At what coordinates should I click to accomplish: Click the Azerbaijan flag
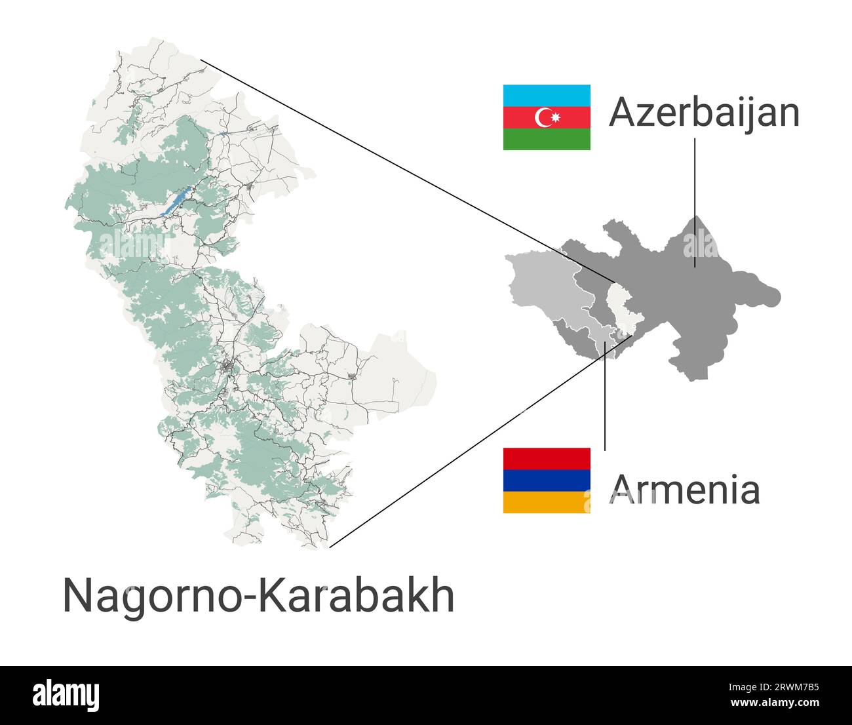[x=547, y=117]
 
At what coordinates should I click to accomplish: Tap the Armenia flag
[x=547, y=480]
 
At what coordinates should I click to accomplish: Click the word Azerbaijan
[x=704, y=112]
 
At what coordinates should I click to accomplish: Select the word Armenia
[x=684, y=489]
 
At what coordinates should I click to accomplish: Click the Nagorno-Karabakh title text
[x=258, y=595]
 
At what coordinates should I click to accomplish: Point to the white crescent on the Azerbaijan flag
[x=543, y=117]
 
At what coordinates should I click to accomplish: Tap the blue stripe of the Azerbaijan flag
[x=547, y=96]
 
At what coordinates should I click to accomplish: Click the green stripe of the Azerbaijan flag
[x=547, y=139]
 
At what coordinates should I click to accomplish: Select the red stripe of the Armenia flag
[x=547, y=458]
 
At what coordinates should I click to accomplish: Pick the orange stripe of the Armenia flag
[x=547, y=502]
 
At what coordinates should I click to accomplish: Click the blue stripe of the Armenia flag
[x=547, y=480]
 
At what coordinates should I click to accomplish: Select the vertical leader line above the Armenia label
[x=604, y=406]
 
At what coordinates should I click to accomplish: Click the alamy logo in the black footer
[x=66, y=696]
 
